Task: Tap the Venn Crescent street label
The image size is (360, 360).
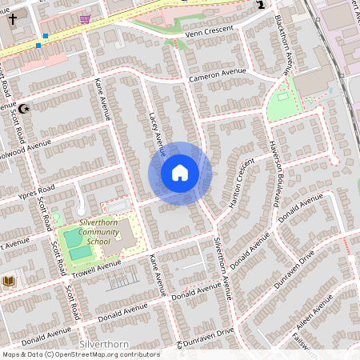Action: point(210,31)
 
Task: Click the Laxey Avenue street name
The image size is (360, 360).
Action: point(157,133)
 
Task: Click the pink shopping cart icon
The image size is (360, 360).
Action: point(85,18)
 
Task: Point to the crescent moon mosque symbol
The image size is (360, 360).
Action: point(24,109)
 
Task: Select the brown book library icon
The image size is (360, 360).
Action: point(8,281)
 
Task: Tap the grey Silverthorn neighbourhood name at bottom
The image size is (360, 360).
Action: point(105,344)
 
